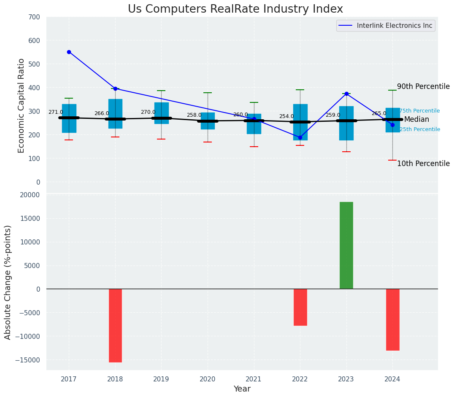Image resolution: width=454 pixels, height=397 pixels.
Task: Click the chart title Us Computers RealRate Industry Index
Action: point(235,9)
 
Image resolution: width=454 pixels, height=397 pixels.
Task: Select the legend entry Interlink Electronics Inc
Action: point(394,26)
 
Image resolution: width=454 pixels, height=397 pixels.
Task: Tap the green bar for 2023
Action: point(346,245)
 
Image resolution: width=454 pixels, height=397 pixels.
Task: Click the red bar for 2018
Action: point(115,325)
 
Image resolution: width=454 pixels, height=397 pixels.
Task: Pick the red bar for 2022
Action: point(300,307)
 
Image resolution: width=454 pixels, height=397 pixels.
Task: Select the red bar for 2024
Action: point(392,319)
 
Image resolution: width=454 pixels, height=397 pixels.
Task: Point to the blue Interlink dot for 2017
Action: point(69,52)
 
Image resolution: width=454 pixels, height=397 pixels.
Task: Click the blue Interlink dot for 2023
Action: point(346,94)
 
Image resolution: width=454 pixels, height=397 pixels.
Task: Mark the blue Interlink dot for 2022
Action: point(300,137)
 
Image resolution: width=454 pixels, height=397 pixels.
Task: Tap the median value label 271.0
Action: point(56,112)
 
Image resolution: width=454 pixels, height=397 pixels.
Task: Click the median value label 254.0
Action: point(286,116)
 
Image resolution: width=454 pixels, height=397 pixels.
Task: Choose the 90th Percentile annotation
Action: point(423,86)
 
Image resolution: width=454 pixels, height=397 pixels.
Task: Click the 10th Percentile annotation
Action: point(423,164)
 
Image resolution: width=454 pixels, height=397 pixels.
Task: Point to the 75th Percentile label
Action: point(419,111)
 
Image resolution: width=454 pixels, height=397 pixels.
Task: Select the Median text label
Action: point(416,119)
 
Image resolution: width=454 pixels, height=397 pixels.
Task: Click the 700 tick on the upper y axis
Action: point(34,17)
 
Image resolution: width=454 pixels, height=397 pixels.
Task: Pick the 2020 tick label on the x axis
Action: point(208,379)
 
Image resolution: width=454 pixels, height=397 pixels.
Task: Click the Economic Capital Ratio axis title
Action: point(22,105)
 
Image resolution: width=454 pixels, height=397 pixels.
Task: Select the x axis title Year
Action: point(242,389)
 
